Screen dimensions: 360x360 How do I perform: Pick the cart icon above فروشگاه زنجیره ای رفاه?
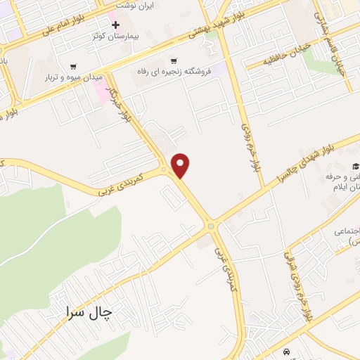pos(174,60)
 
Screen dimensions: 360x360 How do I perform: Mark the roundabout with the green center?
pos(210,226)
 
